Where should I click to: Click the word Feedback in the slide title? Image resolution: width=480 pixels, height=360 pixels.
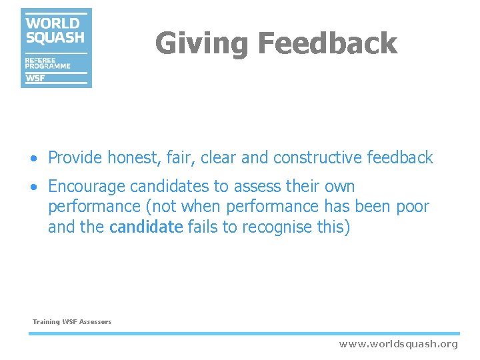click(327, 44)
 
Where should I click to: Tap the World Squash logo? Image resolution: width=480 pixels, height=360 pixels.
click(56, 47)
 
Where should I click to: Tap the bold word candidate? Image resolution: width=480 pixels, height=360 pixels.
click(145, 227)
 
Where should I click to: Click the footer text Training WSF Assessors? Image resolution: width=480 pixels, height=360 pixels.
click(72, 322)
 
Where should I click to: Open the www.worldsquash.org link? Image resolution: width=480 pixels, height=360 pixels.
click(398, 344)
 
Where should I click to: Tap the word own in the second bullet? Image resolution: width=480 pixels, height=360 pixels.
click(339, 187)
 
